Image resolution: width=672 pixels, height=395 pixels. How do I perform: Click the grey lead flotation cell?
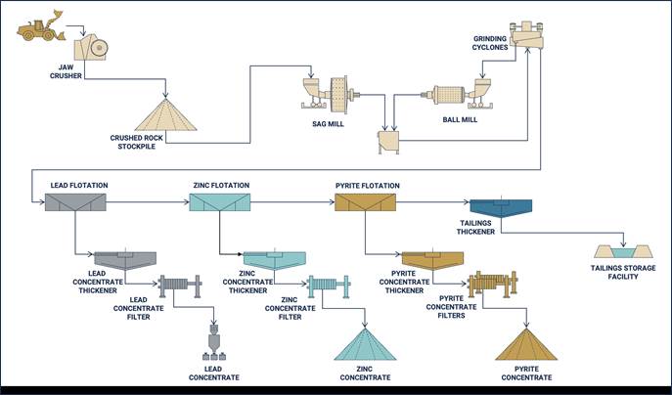click(74, 202)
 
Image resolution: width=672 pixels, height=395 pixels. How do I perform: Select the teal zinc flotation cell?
click(220, 202)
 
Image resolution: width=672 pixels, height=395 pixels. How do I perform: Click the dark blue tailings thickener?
click(500, 208)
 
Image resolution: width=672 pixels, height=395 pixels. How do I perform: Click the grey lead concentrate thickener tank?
click(124, 260)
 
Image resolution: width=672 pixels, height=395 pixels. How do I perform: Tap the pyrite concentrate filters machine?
click(497, 285)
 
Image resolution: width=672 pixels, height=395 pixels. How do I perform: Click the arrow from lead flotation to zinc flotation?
click(147, 202)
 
